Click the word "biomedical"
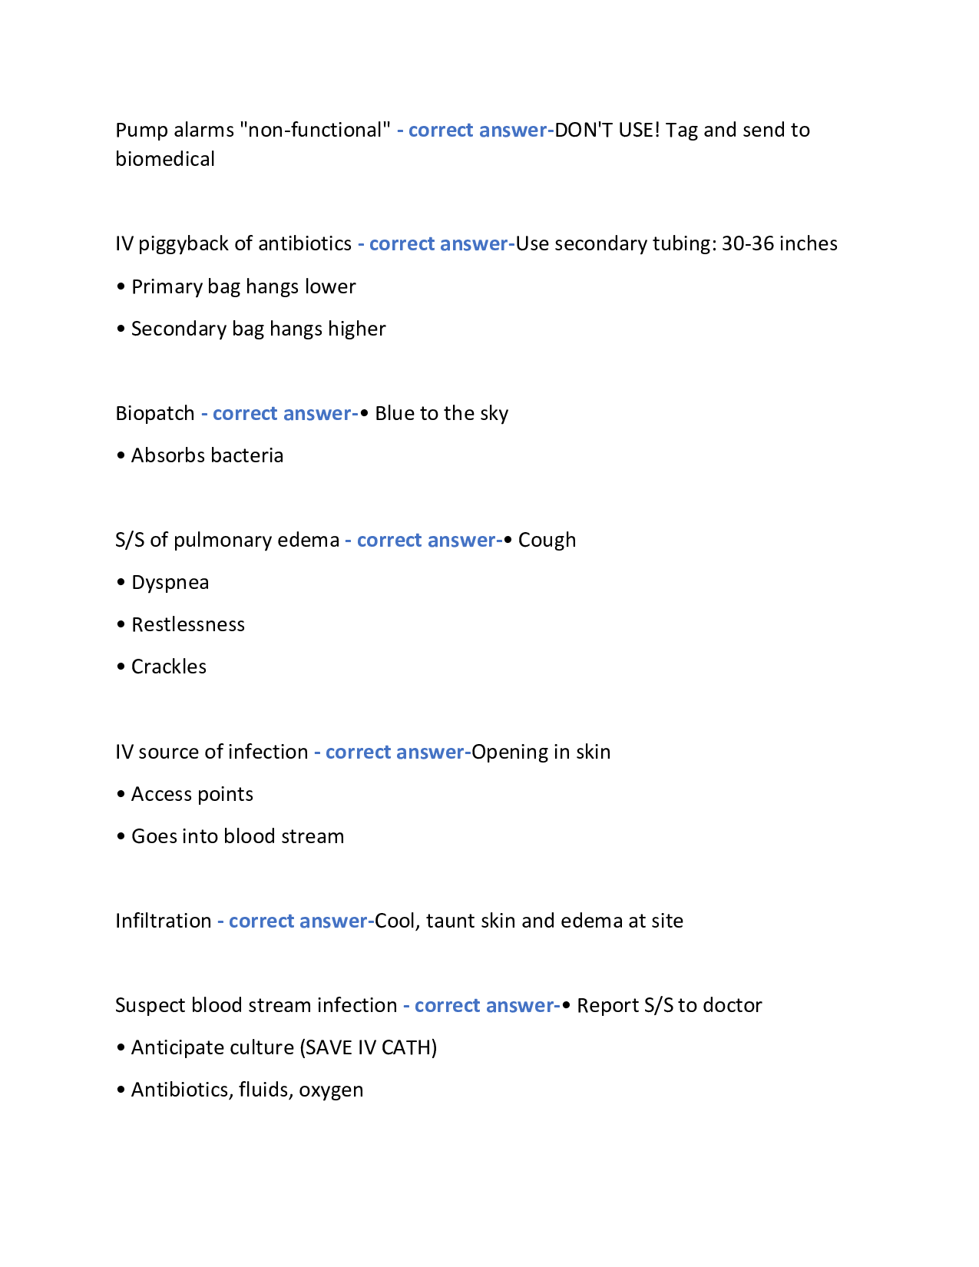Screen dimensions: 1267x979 pos(165,159)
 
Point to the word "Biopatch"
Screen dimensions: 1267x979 pos(155,413)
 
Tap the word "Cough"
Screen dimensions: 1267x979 pos(547,540)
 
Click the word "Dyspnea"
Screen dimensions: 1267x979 pos(170,582)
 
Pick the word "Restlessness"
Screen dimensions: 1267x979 pos(188,624)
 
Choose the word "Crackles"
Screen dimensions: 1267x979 pos(169,667)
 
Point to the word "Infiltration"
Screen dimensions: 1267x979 pos(164,921)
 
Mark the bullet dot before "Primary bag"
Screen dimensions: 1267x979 pos(121,287)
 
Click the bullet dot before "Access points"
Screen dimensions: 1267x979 pos(121,795)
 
